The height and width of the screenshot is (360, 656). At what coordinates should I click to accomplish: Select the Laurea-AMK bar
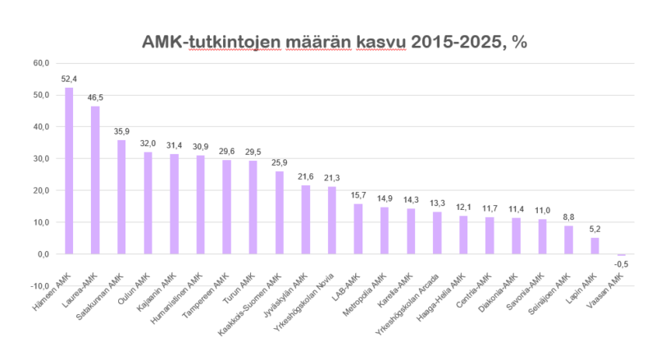(x=95, y=180)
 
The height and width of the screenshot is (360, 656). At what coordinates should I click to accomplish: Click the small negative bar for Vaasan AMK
(x=621, y=255)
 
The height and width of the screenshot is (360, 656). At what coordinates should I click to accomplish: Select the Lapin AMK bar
(x=594, y=246)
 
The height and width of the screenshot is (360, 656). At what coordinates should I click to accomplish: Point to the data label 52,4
(x=69, y=79)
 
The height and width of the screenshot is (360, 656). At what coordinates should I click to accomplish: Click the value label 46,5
(x=95, y=98)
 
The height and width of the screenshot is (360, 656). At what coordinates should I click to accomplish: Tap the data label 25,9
(x=279, y=162)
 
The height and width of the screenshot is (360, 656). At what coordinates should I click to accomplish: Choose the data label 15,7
(x=358, y=195)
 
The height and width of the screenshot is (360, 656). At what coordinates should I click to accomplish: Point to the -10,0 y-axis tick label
(x=39, y=286)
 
